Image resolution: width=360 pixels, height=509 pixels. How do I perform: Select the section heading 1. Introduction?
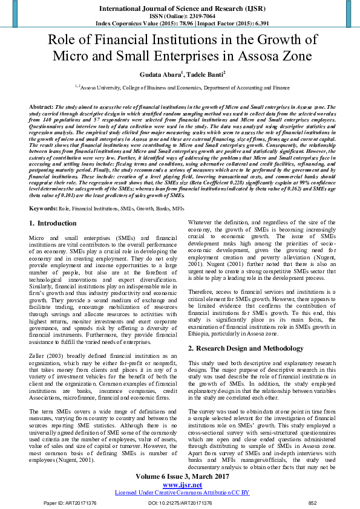pyautogui.click(x=53, y=224)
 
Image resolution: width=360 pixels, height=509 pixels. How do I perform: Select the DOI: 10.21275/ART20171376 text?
pyautogui.click(x=180, y=503)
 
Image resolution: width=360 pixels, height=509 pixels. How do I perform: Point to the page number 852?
pyautogui.click(x=312, y=503)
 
